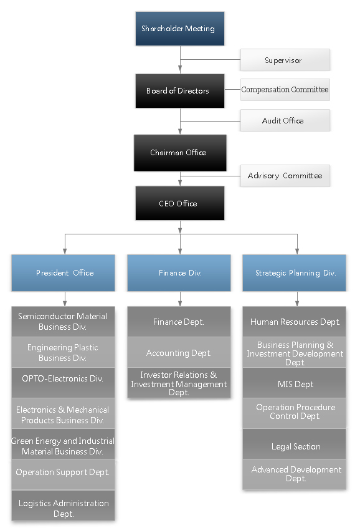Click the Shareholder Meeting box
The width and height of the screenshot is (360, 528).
(x=180, y=29)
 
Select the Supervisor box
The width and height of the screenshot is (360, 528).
(x=285, y=60)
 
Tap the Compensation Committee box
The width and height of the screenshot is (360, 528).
(x=285, y=90)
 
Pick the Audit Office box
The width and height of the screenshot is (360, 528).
(x=285, y=120)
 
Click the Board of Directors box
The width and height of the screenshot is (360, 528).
(x=180, y=91)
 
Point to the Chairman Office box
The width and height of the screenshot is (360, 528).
(x=180, y=153)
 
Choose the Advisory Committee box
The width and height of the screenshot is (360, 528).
(x=285, y=176)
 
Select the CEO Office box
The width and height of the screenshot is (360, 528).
(x=180, y=203)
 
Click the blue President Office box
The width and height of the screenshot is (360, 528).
(x=64, y=273)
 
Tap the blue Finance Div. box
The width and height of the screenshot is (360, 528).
(x=179, y=273)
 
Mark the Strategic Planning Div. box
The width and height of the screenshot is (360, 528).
(x=295, y=273)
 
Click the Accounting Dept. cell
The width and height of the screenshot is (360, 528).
(x=179, y=352)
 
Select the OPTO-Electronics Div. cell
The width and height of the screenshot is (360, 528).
(x=64, y=383)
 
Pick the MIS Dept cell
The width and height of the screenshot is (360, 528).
(x=295, y=383)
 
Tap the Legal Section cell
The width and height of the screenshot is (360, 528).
(x=295, y=444)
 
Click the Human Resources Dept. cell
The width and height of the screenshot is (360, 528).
(x=295, y=322)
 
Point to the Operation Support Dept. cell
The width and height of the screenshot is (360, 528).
(x=64, y=474)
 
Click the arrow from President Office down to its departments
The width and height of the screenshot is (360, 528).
(x=65, y=299)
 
